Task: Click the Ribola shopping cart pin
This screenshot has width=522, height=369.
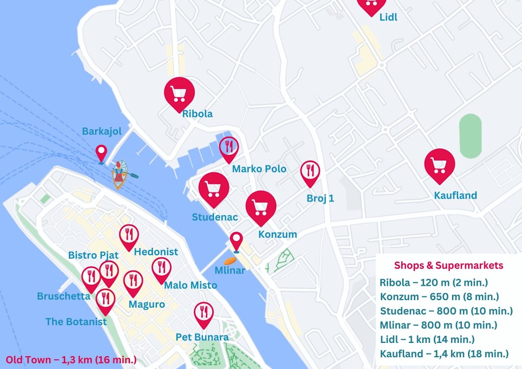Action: point(179,93)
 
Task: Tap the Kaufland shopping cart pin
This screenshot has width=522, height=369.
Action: point(439,164)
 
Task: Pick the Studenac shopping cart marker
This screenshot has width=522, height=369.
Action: point(214,188)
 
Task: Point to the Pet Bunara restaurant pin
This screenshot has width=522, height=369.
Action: point(204,312)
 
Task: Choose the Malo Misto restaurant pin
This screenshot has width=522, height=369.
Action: point(162,268)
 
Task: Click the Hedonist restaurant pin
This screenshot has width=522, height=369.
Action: point(129,235)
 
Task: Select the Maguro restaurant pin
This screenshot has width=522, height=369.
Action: point(133,281)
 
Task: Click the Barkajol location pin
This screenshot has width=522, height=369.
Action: point(101,153)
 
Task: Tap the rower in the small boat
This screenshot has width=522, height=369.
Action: point(120,174)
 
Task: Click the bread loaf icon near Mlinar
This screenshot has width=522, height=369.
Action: point(231,260)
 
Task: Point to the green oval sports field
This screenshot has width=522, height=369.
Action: point(470,136)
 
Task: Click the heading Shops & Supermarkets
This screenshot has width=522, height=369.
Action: point(449,265)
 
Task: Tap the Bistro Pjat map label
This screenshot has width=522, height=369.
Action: point(93,255)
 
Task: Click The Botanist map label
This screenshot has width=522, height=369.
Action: point(76,322)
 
